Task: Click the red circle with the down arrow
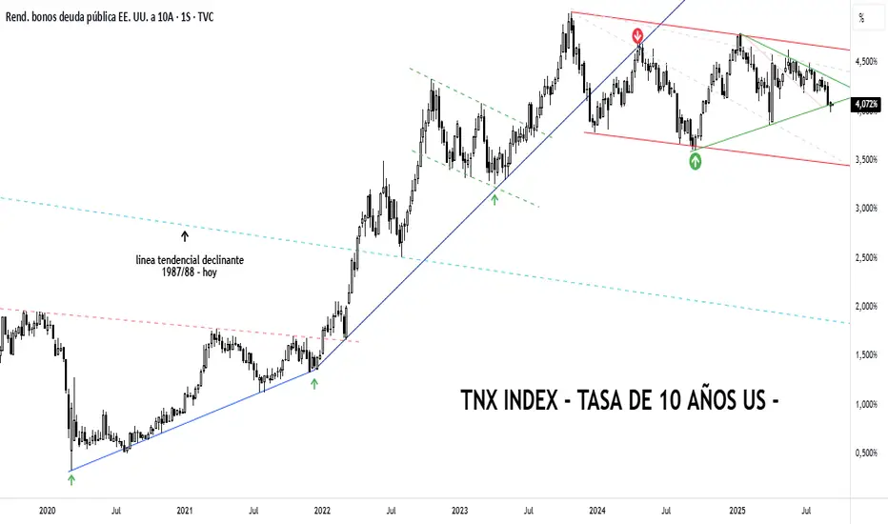tap(637, 36)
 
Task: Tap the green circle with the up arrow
tap(696, 161)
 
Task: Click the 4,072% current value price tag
tap(866, 102)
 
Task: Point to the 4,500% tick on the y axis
tap(865, 62)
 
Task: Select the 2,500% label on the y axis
tap(865, 257)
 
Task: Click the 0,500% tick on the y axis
tap(865, 453)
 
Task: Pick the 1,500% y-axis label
tap(865, 355)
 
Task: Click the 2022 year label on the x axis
tap(322, 512)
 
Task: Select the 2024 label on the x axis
tap(598, 512)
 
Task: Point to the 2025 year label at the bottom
tap(737, 512)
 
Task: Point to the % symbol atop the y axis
tap(861, 17)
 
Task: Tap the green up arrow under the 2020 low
tap(71, 479)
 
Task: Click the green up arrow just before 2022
tap(314, 382)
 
